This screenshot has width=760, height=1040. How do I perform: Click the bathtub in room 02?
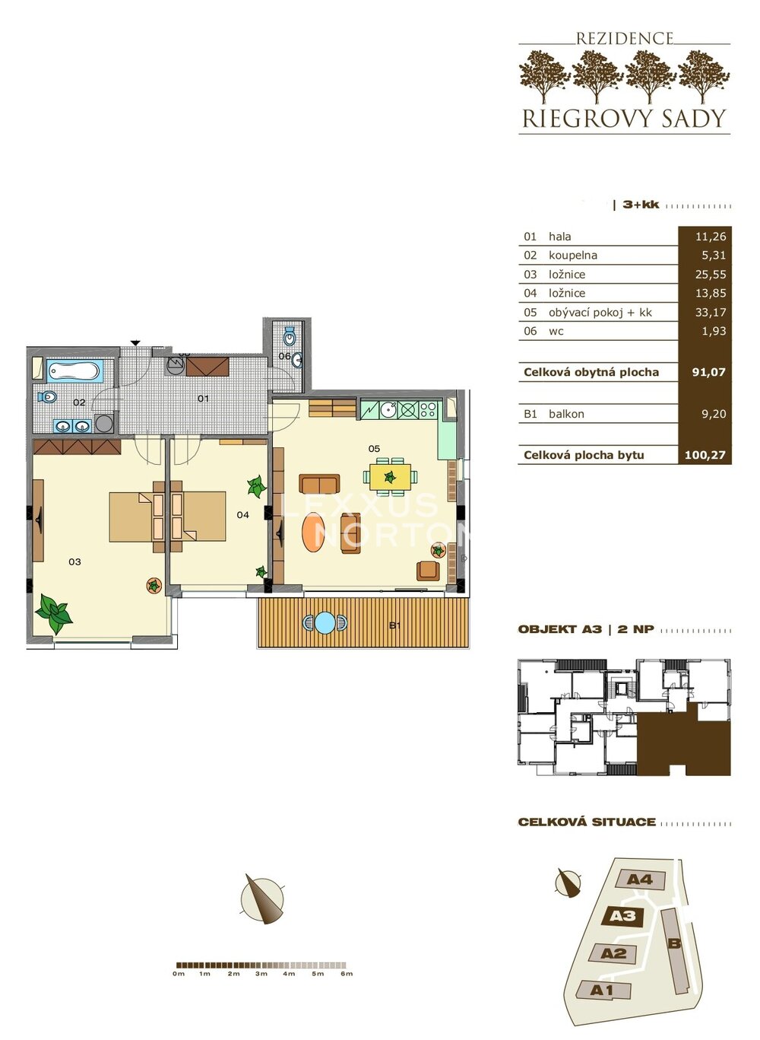coord(74,371)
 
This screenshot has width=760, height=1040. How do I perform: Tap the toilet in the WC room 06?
coord(290,336)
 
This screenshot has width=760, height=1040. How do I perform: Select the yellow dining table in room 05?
coord(390,477)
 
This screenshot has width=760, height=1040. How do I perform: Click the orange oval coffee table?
coord(314,532)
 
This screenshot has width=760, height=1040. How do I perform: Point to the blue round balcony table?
coord(325,622)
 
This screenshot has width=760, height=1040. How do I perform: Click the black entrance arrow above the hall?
coord(135,343)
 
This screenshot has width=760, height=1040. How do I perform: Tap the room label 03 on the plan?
coord(74,561)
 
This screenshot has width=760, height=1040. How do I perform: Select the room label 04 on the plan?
coord(243,514)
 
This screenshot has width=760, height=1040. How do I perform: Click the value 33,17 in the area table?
coord(711,313)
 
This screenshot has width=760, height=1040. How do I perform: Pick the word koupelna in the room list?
coord(573,256)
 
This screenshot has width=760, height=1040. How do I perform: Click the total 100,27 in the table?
coord(705,455)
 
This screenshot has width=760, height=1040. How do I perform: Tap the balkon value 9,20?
coord(714,414)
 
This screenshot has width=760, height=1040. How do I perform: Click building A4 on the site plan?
coord(641,879)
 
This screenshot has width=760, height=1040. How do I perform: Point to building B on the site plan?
coord(675,943)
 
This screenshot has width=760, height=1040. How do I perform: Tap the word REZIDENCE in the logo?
coord(625,39)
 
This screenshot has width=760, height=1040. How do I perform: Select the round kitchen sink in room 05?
coord(388,409)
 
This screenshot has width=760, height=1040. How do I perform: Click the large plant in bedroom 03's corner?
coord(54,613)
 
